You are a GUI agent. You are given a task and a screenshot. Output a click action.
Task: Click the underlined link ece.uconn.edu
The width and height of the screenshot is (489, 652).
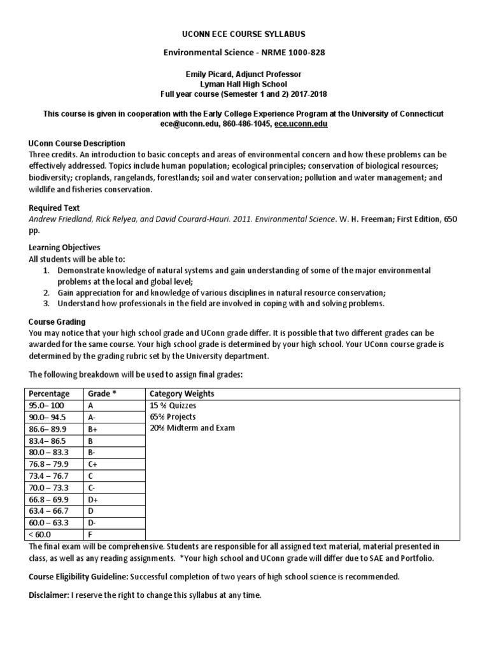(x=301, y=124)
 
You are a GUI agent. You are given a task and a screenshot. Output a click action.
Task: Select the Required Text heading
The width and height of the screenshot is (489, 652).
(x=55, y=208)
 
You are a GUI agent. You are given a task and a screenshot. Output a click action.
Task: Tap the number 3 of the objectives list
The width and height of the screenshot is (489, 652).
(x=46, y=303)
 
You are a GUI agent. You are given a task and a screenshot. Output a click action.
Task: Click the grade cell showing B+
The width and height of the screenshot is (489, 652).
(x=92, y=428)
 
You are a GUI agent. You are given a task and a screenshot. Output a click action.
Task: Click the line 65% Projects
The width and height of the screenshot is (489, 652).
(x=173, y=416)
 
